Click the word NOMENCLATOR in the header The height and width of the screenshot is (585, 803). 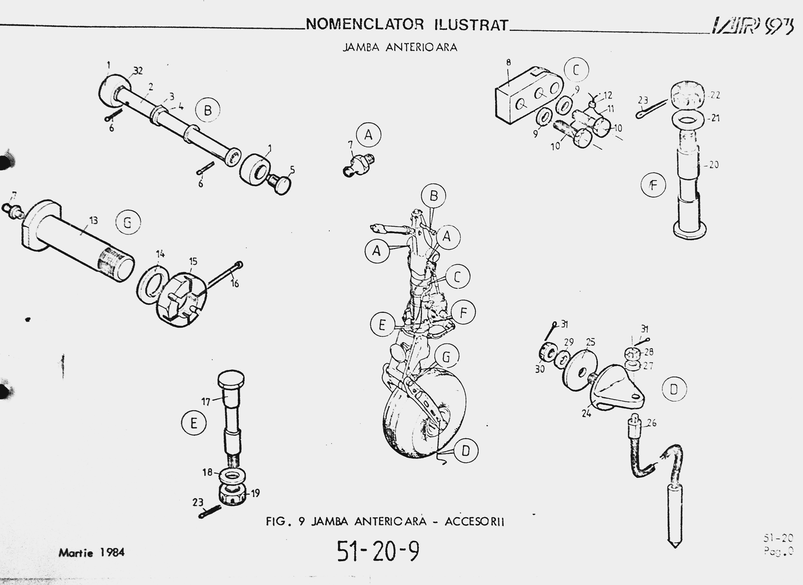[x=365, y=25]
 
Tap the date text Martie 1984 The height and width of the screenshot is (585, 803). [x=92, y=552]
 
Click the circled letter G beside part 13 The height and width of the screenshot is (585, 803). [x=128, y=222]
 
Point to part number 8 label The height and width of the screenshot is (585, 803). [x=508, y=63]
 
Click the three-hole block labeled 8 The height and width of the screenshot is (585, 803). [x=527, y=96]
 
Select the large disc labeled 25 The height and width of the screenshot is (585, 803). [x=580, y=370]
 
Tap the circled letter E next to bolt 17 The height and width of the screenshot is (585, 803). [x=194, y=423]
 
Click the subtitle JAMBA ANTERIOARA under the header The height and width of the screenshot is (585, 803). [x=400, y=47]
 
